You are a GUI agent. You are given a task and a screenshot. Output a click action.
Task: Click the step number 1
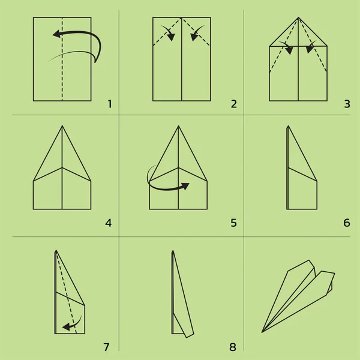click(110, 104)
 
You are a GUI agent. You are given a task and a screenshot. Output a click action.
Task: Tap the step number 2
click(234, 104)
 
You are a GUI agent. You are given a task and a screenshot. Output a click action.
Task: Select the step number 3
click(347, 104)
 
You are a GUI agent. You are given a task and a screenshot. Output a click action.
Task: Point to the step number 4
click(109, 223)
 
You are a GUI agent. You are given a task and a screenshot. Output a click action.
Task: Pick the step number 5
click(233, 223)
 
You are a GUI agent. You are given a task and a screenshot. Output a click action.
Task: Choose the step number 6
click(347, 223)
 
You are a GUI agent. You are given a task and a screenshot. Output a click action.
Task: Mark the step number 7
click(106, 347)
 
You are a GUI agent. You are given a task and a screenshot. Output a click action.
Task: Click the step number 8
click(233, 347)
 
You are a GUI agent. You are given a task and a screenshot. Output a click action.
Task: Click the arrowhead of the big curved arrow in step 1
click(57, 34)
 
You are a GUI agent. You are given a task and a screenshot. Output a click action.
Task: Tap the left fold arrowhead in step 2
click(171, 37)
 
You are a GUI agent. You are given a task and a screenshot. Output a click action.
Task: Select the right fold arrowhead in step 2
click(194, 37)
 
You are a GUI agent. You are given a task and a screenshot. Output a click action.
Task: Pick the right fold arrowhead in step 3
click(310, 49)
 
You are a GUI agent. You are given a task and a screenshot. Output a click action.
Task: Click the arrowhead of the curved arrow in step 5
click(185, 186)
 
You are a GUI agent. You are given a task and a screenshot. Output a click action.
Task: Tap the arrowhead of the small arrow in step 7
click(67, 327)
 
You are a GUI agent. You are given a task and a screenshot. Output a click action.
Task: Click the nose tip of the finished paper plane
click(262, 332)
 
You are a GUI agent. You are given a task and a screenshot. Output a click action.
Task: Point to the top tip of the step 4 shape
click(62, 126)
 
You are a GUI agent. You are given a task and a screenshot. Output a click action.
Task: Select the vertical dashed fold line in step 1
click(62, 59)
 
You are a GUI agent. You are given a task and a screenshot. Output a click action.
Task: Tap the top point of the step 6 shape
click(289, 126)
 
